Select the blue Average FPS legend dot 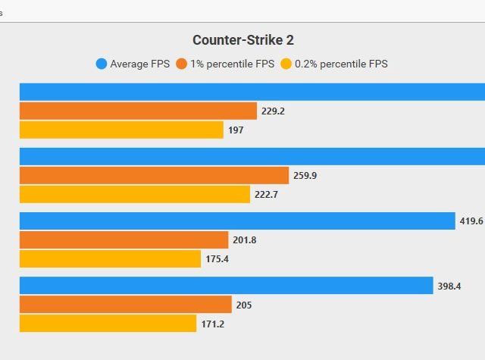(x=101, y=64)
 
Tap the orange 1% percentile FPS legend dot (x=181, y=64)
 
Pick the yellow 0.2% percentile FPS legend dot (x=286, y=64)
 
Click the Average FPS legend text (x=139, y=64)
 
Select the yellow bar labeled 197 (x=121, y=130)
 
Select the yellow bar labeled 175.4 (x=110, y=259)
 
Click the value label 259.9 (x=304, y=176)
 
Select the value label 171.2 (x=212, y=324)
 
